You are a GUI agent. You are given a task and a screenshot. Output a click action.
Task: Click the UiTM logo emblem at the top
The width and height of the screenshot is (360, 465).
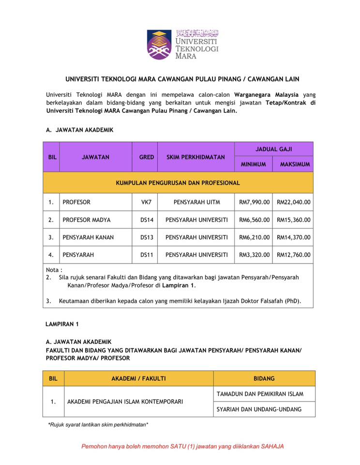tap(159, 44)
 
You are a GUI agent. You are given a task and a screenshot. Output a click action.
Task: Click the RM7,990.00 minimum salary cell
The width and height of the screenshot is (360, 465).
tap(254, 202)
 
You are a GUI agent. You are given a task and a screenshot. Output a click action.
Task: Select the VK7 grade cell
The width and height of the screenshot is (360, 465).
tap(146, 202)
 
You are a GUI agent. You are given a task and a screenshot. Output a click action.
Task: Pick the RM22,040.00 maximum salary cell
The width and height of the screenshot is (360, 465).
tap(294, 202)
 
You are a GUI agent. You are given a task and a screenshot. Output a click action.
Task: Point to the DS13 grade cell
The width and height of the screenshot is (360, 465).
tap(146, 237)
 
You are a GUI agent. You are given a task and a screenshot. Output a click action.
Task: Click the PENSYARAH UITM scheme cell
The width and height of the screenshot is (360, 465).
tap(196, 202)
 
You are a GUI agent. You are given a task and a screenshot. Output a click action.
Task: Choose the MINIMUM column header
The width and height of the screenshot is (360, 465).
tap(254, 164)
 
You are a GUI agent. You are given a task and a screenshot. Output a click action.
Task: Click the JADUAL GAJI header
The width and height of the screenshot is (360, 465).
tap(274, 149)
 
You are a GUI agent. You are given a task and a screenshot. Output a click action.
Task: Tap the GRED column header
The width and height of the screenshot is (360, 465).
tap(146, 157)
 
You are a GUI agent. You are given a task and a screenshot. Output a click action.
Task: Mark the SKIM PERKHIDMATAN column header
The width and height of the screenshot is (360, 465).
tap(196, 157)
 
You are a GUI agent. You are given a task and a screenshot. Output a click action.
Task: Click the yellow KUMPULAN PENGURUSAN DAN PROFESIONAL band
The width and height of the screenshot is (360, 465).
tap(178, 183)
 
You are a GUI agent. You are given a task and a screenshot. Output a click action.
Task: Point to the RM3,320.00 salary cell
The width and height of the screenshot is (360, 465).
tap(254, 255)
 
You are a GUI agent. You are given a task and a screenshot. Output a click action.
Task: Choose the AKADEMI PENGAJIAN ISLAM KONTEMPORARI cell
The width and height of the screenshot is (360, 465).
tap(125, 402)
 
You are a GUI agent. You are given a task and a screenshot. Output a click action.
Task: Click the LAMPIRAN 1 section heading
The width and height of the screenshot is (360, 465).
tap(62, 324)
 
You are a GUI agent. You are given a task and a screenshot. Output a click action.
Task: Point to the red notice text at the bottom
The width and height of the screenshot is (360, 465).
tap(182, 446)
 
